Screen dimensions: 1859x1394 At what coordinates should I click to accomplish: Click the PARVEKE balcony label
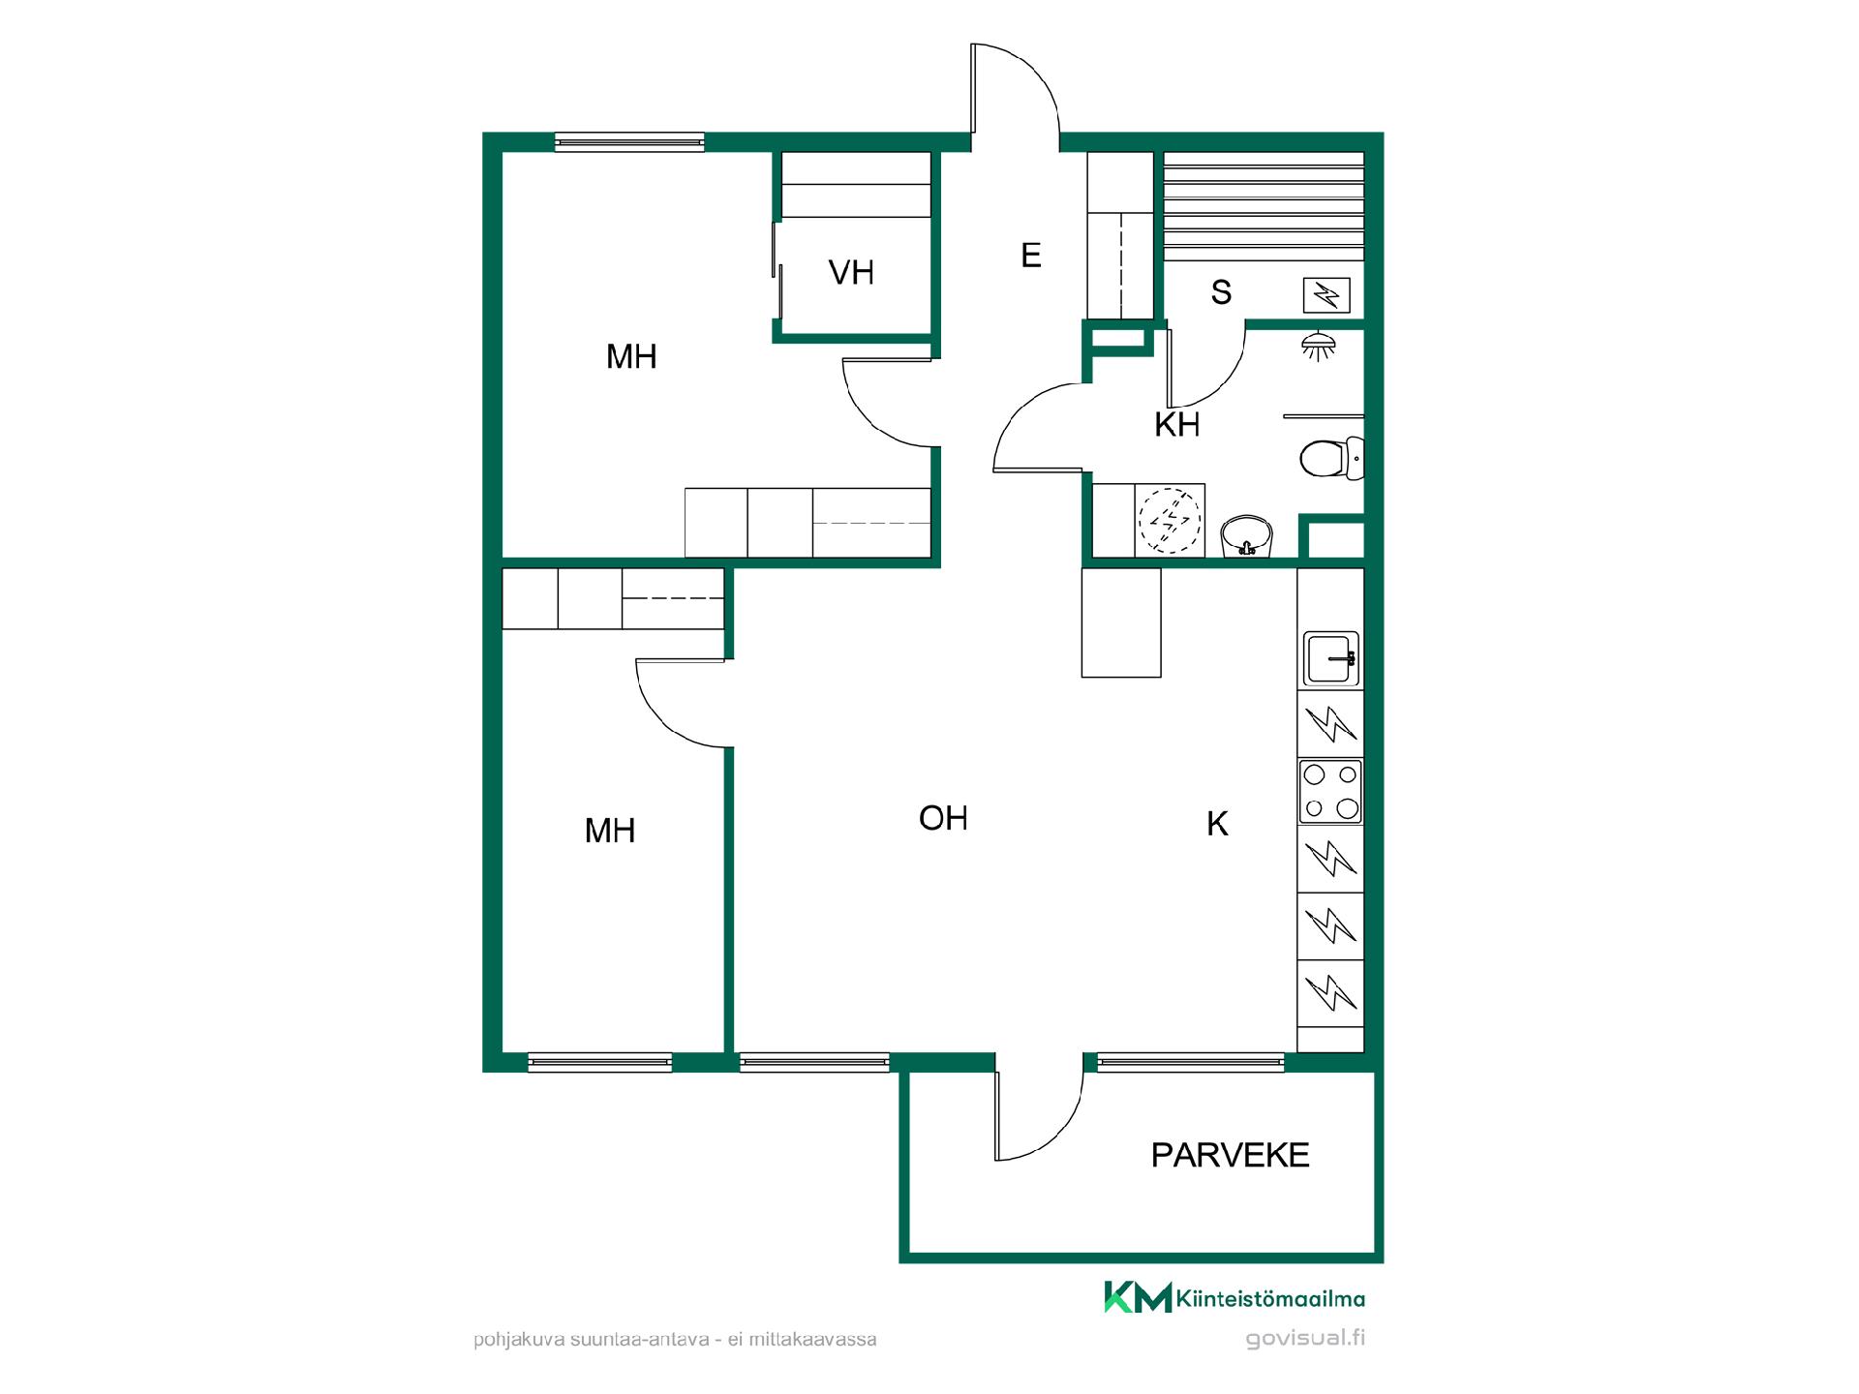[1230, 1155]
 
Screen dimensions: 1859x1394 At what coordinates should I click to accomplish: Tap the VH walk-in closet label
[851, 273]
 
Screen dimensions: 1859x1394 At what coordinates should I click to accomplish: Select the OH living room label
[943, 818]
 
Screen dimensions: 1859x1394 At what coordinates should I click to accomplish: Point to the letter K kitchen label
[1217, 824]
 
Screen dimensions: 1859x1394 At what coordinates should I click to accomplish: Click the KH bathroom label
[1177, 424]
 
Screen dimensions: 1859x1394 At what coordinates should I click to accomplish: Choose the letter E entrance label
[1031, 256]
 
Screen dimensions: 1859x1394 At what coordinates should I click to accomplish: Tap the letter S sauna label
[1221, 292]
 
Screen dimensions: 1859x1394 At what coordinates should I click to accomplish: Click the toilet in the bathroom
[1331, 458]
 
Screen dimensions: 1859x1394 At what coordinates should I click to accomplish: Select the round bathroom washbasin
[1247, 536]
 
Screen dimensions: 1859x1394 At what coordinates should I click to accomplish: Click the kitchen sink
[1331, 658]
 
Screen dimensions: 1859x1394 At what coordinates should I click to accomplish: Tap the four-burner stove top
[1330, 791]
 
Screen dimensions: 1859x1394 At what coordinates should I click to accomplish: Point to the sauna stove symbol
[1326, 294]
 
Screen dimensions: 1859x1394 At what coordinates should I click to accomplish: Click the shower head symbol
[1315, 346]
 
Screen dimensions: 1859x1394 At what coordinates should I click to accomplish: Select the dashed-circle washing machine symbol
[1170, 520]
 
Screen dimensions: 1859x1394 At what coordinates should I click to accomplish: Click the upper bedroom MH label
[631, 357]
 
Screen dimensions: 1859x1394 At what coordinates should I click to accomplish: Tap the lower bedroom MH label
[610, 831]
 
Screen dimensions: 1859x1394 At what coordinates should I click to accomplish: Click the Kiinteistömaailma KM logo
[1234, 1298]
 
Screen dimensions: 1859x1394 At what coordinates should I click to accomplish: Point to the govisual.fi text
[1305, 1339]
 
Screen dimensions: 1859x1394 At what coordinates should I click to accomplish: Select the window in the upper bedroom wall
[629, 142]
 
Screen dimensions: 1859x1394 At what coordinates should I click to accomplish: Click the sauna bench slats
[1264, 205]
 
